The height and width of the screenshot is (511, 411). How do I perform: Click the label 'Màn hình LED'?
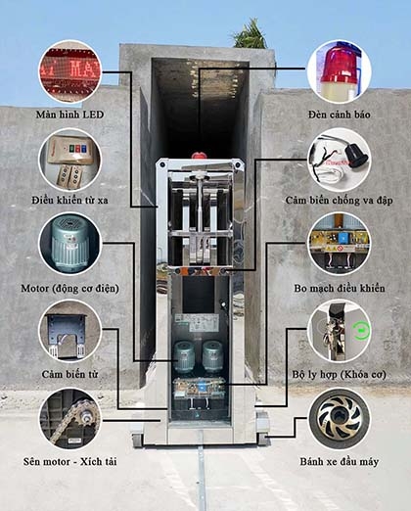click(x=69, y=115)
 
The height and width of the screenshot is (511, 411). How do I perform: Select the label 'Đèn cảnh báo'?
click(x=340, y=115)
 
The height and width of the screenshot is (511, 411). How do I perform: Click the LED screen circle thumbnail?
click(x=70, y=71)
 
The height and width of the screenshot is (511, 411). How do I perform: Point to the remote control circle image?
click(x=70, y=160)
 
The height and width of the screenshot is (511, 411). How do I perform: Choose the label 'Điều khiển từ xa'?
click(x=69, y=200)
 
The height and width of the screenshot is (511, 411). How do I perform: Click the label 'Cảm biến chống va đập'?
click(x=340, y=200)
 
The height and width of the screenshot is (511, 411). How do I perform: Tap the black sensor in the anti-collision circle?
click(x=356, y=155)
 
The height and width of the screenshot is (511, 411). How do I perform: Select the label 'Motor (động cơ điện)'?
click(x=69, y=289)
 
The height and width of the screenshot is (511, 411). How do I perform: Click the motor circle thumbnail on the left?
click(x=70, y=244)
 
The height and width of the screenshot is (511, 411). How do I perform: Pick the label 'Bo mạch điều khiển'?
click(x=340, y=288)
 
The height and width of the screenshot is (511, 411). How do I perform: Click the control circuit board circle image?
click(x=340, y=244)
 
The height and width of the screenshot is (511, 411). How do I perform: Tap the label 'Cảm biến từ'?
click(x=69, y=374)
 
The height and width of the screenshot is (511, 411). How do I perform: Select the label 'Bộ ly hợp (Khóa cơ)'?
click(x=340, y=374)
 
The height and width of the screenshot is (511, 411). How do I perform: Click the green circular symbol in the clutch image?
click(x=360, y=331)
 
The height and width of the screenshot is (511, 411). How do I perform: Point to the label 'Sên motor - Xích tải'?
click(x=69, y=462)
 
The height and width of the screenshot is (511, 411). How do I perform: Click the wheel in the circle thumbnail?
click(x=340, y=419)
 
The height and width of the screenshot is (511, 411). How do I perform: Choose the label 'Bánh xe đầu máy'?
click(x=340, y=462)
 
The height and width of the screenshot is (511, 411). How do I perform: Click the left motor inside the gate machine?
click(x=184, y=356)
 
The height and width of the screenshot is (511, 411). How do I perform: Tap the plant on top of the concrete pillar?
click(x=251, y=35)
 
